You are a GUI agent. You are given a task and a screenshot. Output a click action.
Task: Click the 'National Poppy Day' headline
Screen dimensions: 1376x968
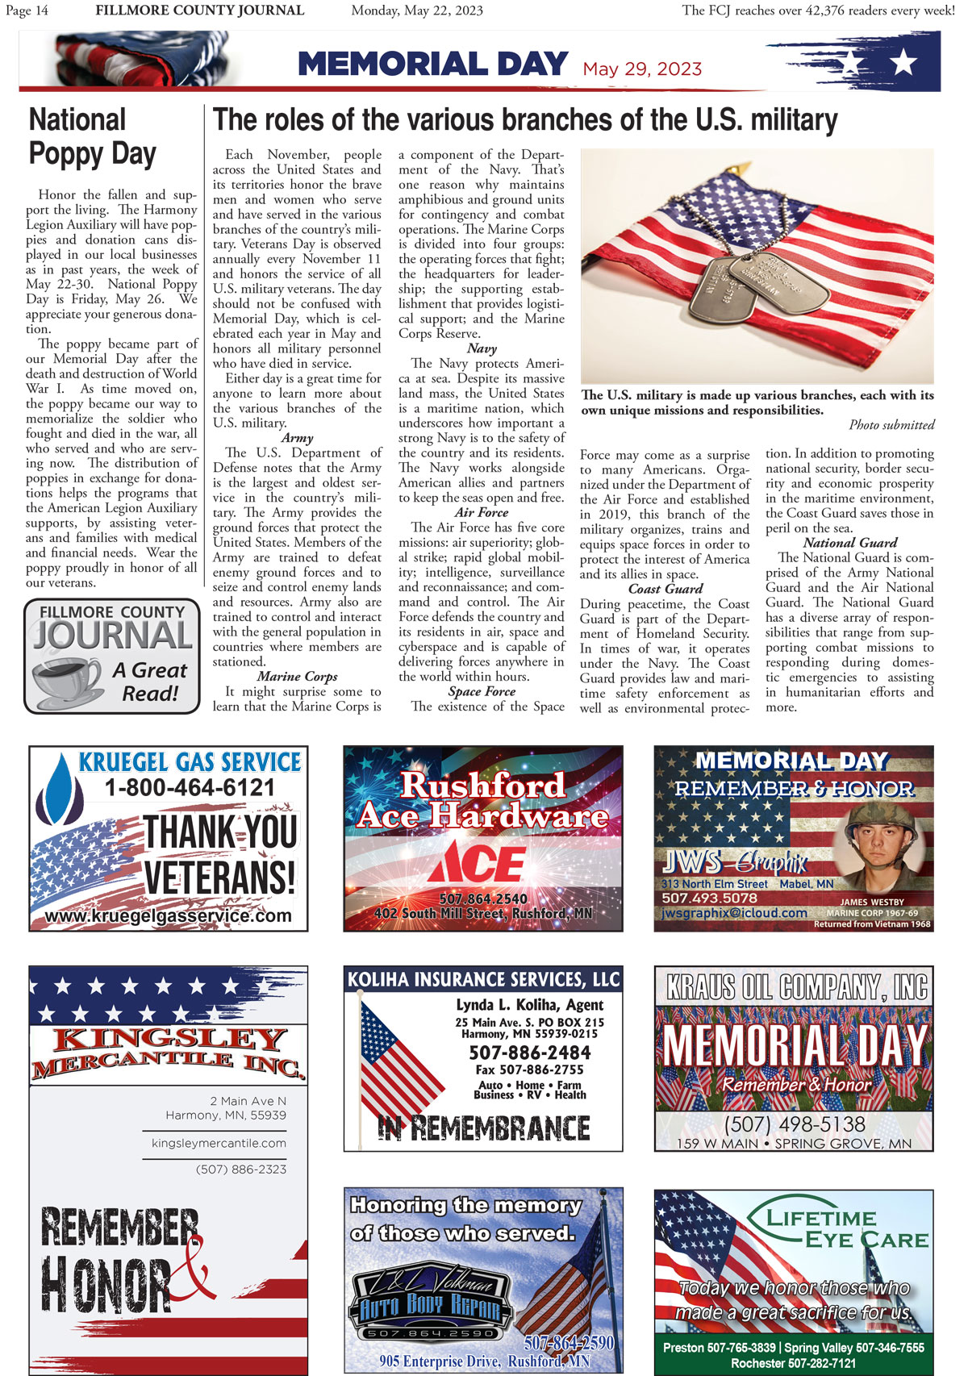click(92, 136)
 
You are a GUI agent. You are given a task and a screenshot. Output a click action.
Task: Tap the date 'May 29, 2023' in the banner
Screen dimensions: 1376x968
click(642, 69)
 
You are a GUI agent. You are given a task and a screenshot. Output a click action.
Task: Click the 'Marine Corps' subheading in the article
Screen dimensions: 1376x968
click(297, 677)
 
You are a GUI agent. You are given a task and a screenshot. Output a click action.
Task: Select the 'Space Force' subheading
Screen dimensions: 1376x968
click(482, 691)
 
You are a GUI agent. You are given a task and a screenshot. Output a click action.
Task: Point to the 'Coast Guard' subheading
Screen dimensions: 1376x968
click(665, 589)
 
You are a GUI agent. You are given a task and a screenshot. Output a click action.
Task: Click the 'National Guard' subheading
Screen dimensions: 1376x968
click(850, 543)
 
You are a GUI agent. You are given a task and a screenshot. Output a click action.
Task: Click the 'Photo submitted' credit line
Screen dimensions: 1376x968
click(891, 425)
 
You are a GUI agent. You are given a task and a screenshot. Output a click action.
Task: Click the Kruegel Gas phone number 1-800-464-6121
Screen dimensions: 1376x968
click(190, 788)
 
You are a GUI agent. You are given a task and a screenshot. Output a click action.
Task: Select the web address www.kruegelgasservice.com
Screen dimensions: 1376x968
click(168, 916)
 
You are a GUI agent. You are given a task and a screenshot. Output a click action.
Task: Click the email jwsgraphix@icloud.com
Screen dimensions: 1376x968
click(734, 913)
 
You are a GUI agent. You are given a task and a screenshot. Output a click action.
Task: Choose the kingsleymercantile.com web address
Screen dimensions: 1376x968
click(219, 1143)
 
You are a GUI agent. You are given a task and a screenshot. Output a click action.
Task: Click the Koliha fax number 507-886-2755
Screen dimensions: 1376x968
click(529, 1070)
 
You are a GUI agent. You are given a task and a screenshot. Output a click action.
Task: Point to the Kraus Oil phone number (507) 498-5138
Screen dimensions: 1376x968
click(795, 1124)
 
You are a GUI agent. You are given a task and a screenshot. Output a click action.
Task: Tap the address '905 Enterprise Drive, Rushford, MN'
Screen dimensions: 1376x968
click(484, 1361)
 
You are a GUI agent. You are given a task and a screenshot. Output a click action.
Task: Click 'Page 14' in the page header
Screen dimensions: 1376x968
click(27, 10)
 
